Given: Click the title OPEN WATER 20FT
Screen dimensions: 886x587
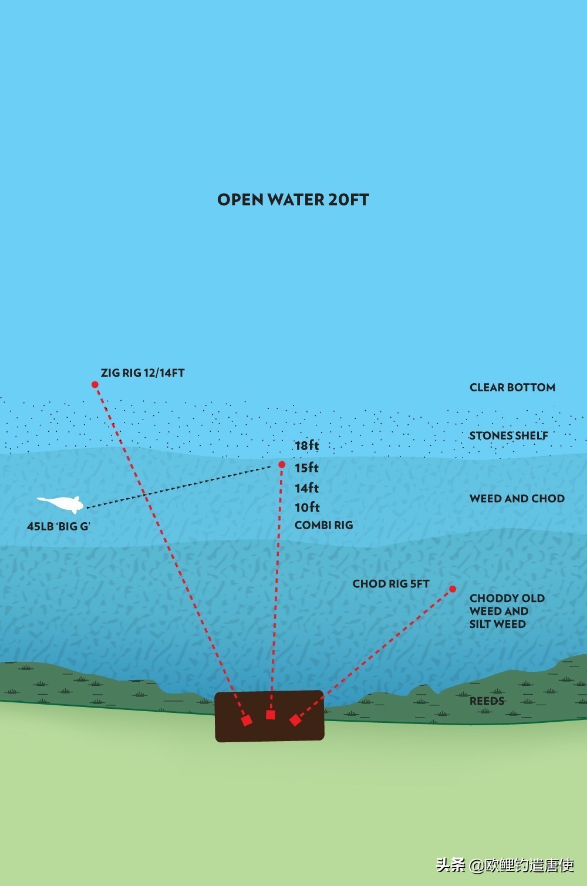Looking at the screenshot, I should pos(293,199).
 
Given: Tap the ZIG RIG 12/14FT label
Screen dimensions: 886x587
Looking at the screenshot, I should pos(143,373).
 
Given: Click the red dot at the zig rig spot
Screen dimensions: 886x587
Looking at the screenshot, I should pos(95,385).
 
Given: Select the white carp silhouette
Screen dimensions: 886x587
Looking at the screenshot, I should pos(60,503).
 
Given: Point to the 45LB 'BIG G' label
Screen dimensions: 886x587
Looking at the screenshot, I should pos(58,526).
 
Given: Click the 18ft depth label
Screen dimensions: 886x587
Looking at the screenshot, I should pos(306,445).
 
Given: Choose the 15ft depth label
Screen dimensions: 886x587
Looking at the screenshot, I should pos(306,468).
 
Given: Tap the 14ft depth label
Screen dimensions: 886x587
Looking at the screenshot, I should pos(306,488).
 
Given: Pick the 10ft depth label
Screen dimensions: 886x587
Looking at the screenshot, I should pos(307,507).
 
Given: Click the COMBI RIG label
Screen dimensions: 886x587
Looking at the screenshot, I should pos(323,525).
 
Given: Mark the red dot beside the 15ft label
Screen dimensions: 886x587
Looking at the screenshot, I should pos(282,465).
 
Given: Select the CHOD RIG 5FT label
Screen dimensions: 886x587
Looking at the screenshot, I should pos(390,584).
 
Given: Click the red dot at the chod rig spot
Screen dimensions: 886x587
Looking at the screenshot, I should pos(453,589).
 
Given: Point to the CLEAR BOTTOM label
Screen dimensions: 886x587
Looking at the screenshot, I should pos(512,387).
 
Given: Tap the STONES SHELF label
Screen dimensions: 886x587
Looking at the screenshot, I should pos(508,435).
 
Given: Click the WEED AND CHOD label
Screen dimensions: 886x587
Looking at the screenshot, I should pos(517,499).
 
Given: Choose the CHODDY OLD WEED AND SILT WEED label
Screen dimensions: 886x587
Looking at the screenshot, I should pos(507,611).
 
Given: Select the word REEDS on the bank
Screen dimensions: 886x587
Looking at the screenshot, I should pos(487,701).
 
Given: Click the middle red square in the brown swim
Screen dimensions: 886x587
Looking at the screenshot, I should pos(271,715).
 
